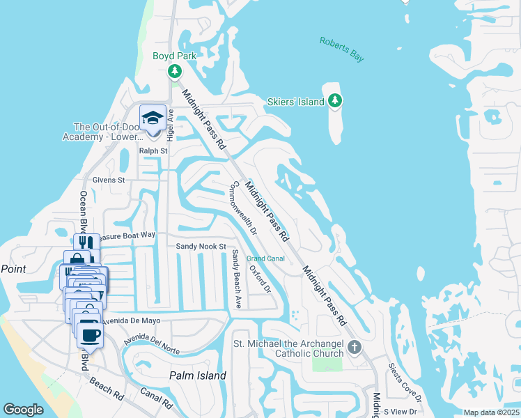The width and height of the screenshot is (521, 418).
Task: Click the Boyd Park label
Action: [x=175, y=56]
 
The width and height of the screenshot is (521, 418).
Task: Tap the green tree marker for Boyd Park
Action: [x=175, y=72]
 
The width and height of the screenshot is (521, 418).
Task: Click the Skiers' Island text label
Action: [x=296, y=102]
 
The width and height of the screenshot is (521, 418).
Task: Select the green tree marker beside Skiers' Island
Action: [x=335, y=101]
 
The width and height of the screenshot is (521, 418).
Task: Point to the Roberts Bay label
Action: [x=341, y=50]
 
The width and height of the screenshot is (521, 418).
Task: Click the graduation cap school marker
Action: [x=153, y=118]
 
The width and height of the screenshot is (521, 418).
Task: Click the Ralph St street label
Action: [x=153, y=150]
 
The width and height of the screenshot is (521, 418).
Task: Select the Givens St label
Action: [x=109, y=179]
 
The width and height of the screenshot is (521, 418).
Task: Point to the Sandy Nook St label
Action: [x=201, y=247]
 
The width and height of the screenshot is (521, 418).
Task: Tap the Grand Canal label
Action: [x=265, y=258]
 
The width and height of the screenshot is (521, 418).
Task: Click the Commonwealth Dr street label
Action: [x=244, y=208]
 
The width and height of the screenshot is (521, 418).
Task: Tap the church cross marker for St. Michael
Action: [x=354, y=347]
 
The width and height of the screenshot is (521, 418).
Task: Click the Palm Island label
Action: [x=198, y=376]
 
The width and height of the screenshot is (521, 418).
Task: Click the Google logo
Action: [x=23, y=410]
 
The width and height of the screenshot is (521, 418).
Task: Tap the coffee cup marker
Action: [x=90, y=334]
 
